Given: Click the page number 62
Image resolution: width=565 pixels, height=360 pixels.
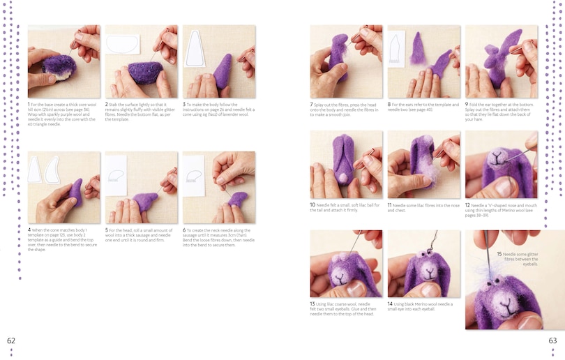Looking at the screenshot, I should pos(10,340).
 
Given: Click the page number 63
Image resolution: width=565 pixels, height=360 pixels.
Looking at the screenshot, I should pos(552,340).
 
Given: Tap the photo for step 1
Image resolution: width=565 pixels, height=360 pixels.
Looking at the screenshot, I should pos(63,62).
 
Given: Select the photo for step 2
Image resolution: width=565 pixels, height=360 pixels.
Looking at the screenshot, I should pos(142,62).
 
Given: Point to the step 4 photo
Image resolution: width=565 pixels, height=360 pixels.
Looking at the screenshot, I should pos(63,188).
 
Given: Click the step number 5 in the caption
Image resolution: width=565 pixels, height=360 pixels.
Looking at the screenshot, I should pos(107,230).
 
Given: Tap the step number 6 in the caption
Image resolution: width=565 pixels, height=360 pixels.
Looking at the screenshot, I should pos(184,230).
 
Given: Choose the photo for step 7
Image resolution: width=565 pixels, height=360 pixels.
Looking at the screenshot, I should pos(346,62).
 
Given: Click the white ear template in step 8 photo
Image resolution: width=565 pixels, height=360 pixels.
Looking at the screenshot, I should pos(396,49).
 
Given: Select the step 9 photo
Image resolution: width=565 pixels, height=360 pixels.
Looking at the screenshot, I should pos(501,62).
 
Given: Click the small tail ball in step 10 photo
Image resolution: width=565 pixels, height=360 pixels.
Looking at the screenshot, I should pos(342,179).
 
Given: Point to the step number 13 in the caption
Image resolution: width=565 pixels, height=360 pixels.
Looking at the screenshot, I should pos(312,304).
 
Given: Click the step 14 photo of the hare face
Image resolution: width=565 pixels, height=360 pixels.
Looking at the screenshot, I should pos(423,264).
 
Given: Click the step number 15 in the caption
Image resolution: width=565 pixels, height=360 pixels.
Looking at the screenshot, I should pos(499,254).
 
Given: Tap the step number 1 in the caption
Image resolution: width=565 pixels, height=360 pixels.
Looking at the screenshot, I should pos(29,104).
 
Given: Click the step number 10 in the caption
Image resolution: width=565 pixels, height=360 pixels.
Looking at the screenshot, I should pos(312,205).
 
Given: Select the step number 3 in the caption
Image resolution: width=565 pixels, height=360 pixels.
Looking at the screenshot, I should pos(184,104).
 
